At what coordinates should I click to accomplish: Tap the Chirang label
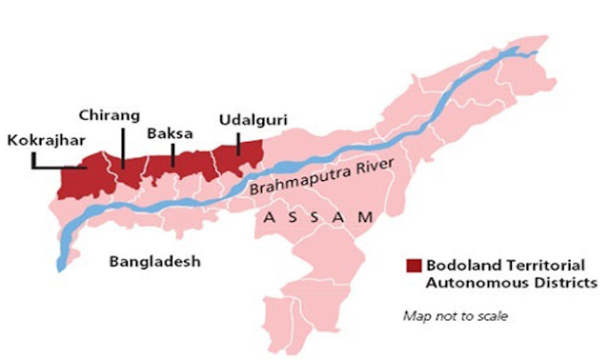pyautogui.click(x=111, y=116)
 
